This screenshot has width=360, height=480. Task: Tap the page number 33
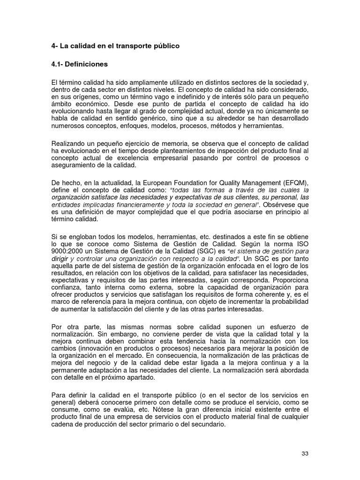[x=305, y=454]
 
